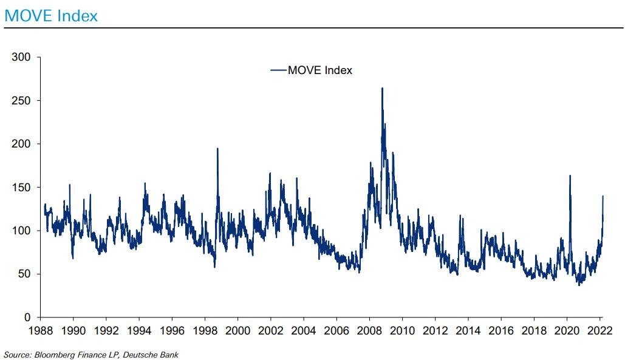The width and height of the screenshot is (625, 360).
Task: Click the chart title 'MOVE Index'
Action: pyautogui.click(x=50, y=16)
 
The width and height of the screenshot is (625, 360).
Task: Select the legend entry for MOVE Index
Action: pyautogui.click(x=319, y=70)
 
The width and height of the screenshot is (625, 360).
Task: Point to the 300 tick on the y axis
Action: pyautogui.click(x=21, y=57)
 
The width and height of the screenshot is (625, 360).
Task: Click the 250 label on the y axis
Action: pyautogui.click(x=21, y=101)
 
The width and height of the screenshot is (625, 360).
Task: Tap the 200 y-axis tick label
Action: pyautogui.click(x=21, y=144)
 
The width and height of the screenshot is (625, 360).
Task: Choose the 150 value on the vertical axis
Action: pyautogui.click(x=21, y=188)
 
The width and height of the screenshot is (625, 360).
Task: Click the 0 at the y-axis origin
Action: pyautogui.click(x=26, y=318)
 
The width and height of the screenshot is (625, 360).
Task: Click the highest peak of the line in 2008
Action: pyautogui.click(x=382, y=89)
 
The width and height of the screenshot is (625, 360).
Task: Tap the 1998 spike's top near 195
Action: pyautogui.click(x=217, y=149)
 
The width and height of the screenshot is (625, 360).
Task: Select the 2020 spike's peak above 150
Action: pyautogui.click(x=570, y=176)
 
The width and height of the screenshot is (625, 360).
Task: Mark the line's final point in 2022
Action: pyautogui.click(x=603, y=196)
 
